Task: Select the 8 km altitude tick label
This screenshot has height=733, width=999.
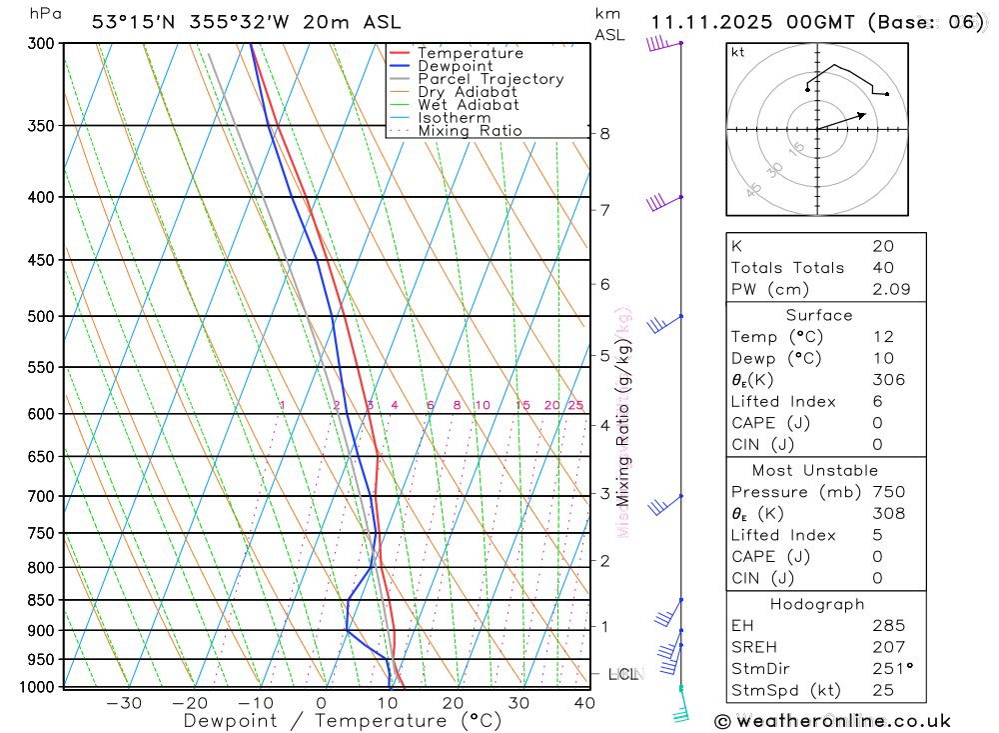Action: tap(604, 133)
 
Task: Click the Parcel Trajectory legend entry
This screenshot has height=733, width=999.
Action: tap(490, 79)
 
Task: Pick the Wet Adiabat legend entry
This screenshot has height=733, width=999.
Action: tap(468, 105)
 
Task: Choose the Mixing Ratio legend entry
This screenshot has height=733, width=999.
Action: tap(469, 131)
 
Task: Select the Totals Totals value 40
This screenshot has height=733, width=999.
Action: tap(882, 267)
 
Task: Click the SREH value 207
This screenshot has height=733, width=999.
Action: tap(887, 647)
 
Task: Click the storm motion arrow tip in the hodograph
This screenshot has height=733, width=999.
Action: tap(864, 113)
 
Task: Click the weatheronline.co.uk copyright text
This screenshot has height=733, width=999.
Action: tap(832, 720)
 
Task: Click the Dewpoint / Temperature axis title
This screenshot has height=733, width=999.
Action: tap(342, 720)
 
